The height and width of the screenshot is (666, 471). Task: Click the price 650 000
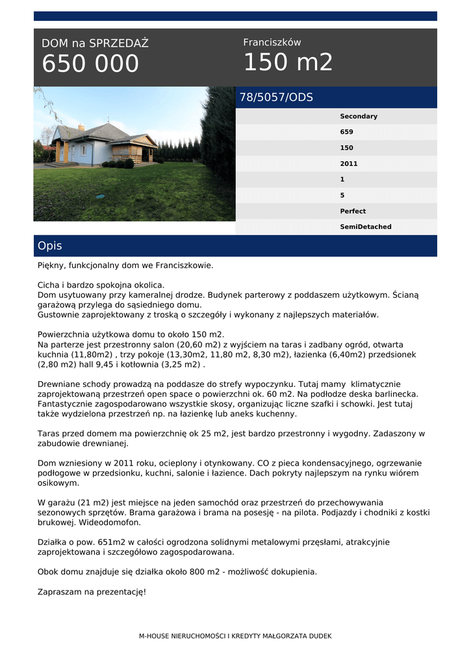coord(90,64)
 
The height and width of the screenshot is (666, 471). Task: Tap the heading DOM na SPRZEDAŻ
coord(95,44)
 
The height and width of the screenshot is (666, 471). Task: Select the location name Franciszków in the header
coord(272,42)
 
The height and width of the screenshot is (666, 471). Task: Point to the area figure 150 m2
coord(288,62)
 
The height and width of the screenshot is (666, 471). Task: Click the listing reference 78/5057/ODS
coord(276,98)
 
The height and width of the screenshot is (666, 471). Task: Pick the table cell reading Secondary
coord(359,116)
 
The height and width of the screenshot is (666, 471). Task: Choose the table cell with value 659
coord(347,132)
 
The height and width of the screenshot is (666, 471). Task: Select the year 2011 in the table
coord(349,164)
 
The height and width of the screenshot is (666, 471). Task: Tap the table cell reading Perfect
coord(353,211)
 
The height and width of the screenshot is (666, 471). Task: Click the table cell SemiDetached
coord(366,227)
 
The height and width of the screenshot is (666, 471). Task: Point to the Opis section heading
coord(50,246)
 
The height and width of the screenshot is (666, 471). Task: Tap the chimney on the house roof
coord(81,127)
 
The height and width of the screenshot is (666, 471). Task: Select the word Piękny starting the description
coord(53,265)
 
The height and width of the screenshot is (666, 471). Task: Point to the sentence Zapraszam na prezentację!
coord(92,592)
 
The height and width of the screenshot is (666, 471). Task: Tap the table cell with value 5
coord(342,195)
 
